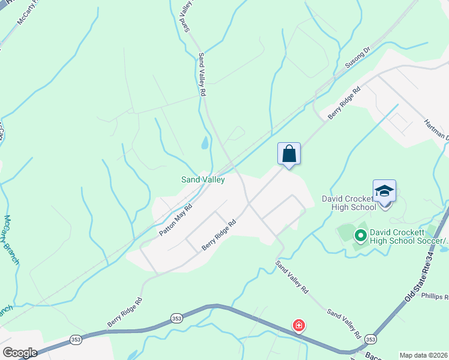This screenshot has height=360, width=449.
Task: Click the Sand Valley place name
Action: click(203, 179)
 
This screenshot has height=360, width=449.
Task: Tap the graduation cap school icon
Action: click(384, 191)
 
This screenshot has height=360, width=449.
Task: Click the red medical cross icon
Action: click(298, 326)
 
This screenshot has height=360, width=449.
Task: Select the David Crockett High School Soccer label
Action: click(408, 236)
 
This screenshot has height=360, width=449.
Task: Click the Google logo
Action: click(20, 353)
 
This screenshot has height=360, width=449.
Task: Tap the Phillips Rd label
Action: click(435, 296)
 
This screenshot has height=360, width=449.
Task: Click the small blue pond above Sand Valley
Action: click(205, 143)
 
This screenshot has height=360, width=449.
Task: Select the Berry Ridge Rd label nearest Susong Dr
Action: click(343, 104)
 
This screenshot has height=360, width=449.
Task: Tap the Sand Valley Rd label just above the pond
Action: click(202, 75)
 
